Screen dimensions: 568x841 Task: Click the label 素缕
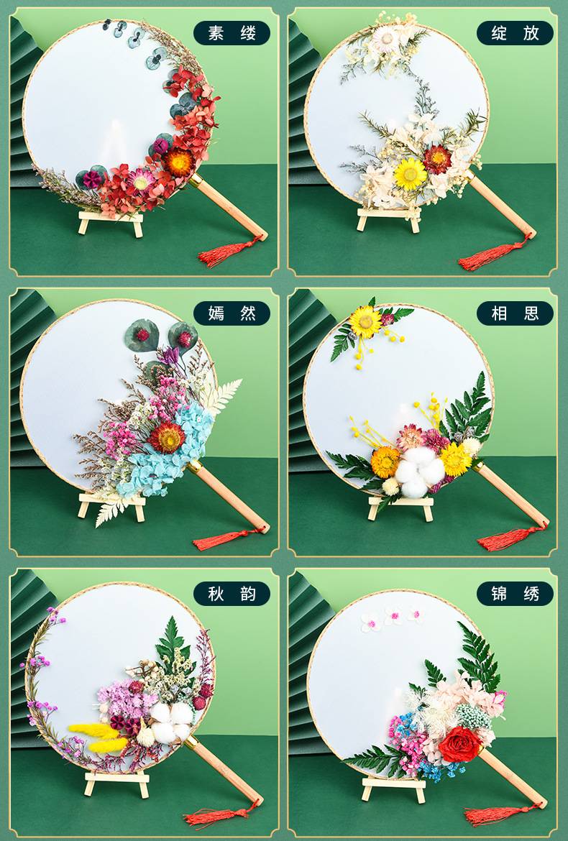click(x=232, y=33)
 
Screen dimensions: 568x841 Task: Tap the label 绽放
click(x=514, y=33)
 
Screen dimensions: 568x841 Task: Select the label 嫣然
click(x=232, y=313)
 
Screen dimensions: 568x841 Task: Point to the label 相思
click(x=514, y=313)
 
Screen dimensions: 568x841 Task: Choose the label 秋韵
click(x=232, y=593)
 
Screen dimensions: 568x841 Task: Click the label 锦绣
click(x=514, y=593)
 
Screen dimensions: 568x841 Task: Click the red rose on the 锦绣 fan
click(x=460, y=744)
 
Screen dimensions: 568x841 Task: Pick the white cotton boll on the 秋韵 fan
click(x=172, y=721)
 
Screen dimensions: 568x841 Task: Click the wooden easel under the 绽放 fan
click(x=389, y=219)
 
